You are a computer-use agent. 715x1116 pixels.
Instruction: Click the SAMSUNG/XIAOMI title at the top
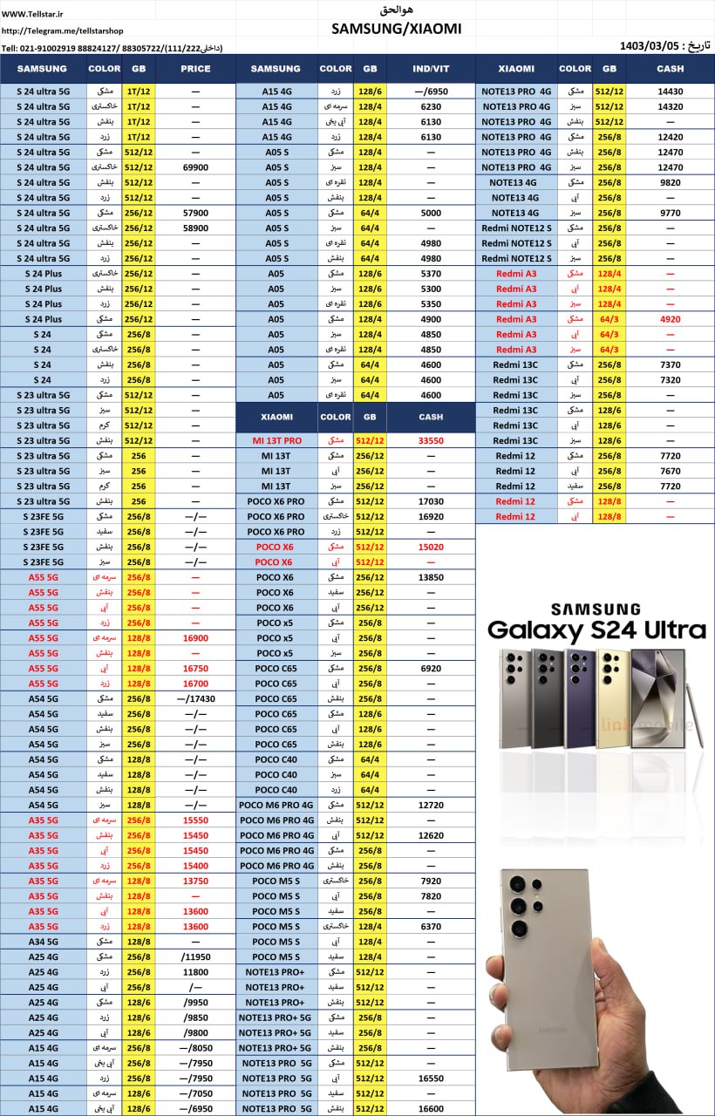pos(396,29)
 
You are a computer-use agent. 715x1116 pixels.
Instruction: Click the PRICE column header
pos(195,69)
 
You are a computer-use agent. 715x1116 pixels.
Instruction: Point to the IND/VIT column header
pos(431,69)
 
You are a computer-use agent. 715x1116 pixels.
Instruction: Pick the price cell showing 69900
pos(195,167)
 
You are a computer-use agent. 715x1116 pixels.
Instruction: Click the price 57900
pos(195,213)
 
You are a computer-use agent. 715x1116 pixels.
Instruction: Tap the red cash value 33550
pos(431,441)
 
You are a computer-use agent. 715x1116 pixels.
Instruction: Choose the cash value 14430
pos(670,91)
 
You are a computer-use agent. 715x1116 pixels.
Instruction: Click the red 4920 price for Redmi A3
pos(670,319)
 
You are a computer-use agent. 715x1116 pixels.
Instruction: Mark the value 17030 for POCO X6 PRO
pos(431,501)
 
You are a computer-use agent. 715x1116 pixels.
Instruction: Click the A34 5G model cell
pos(43,942)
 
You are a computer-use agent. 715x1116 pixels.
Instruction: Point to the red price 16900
pos(195,638)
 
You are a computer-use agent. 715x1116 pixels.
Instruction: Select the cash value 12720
pos(431,805)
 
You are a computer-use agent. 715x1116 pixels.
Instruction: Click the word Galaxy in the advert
pos(534,629)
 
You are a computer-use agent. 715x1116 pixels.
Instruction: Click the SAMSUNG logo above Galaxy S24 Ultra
pos(595,609)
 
